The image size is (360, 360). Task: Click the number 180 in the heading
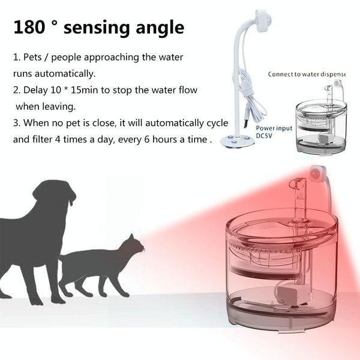pos(29,28)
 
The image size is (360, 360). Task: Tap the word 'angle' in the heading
pos(160,29)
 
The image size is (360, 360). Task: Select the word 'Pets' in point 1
pos(32,57)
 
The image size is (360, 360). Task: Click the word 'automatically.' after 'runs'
pos(65,74)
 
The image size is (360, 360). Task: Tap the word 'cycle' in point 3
pos(217,123)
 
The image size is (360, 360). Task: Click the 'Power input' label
pos(274,128)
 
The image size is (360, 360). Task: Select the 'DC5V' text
pos(264,136)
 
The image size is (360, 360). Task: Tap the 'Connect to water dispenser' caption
pos(307,74)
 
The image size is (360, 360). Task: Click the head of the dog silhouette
pos(55,193)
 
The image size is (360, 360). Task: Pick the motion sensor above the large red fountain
pos(318,173)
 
